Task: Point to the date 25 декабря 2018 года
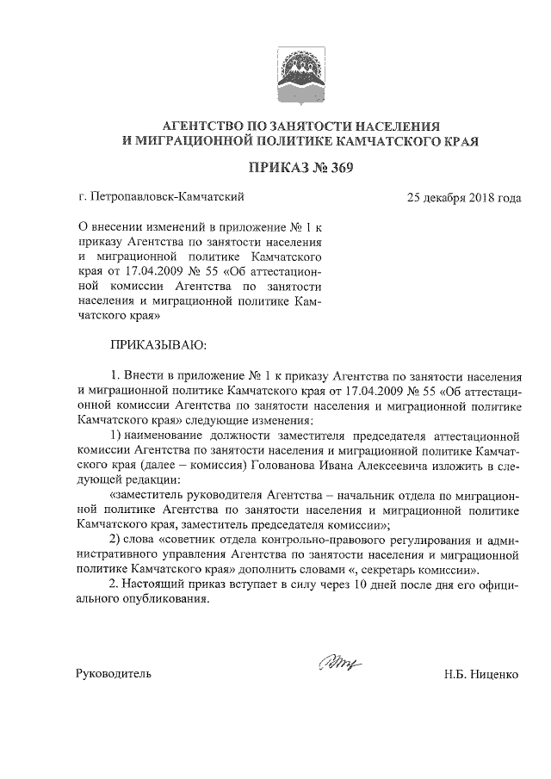coord(465,197)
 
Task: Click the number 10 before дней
coord(350,585)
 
